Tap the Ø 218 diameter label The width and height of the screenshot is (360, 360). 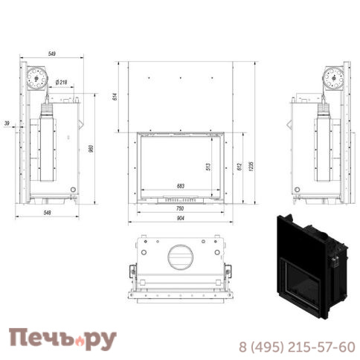62,83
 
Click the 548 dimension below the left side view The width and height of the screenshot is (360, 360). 49,213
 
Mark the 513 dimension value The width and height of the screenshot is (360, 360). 208,167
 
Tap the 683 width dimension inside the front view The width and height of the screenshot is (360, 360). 179,187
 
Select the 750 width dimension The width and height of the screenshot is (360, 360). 181,209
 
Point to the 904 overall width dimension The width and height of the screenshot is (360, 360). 181,219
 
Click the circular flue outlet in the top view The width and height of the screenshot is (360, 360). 181,257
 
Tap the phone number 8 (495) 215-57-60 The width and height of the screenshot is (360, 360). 296,347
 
